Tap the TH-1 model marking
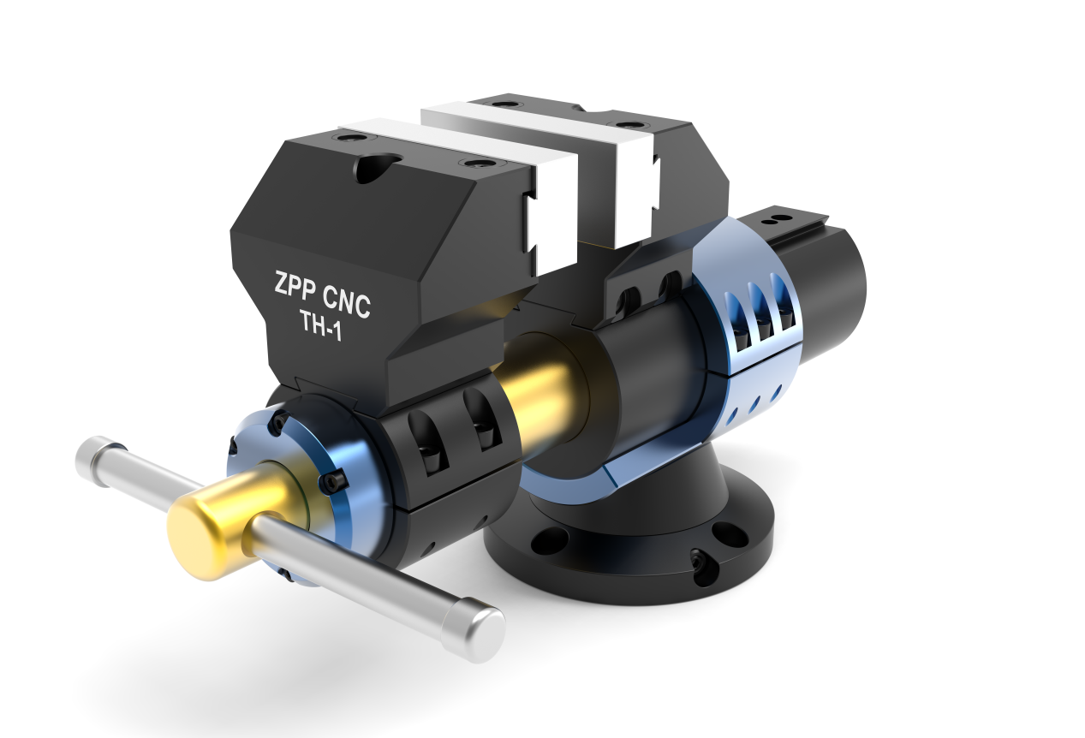point(320,326)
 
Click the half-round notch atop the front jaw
point(375,167)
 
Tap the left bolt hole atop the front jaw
point(350,137)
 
